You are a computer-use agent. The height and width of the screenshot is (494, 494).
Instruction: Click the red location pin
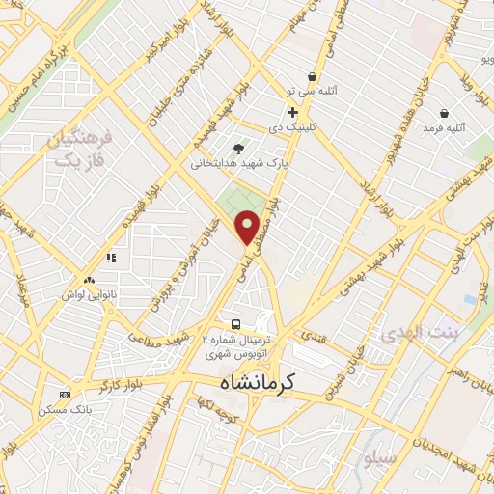click(x=248, y=227)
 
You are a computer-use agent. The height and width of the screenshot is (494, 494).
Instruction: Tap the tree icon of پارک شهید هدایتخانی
click(x=238, y=149)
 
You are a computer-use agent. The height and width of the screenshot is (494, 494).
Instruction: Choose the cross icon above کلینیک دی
click(x=292, y=112)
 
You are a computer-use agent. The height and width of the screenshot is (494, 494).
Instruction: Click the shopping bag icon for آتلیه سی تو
click(x=311, y=77)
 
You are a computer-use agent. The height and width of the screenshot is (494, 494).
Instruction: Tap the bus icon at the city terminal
click(x=236, y=323)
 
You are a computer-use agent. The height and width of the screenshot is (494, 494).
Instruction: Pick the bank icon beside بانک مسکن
click(x=65, y=395)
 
